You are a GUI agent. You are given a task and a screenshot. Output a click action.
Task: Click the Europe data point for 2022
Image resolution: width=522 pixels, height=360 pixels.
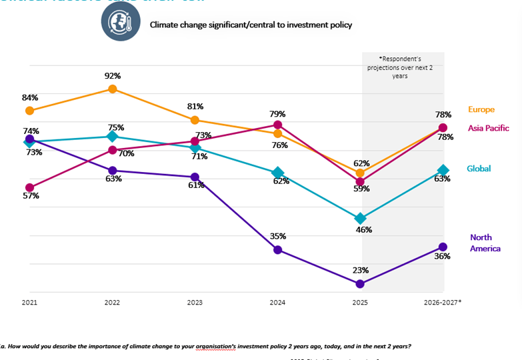click(x=113, y=89)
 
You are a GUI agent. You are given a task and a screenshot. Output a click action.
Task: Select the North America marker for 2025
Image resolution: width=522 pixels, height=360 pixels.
click(x=360, y=284)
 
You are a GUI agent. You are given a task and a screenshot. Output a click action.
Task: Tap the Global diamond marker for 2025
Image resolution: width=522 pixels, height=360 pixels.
click(x=360, y=219)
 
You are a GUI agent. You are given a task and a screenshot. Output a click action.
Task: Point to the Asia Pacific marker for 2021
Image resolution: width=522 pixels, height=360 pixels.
click(x=29, y=187)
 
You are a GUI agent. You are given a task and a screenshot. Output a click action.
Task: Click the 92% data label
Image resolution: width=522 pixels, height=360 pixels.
click(x=113, y=75)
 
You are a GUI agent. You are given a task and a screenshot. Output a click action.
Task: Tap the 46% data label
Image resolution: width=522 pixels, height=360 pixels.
click(x=364, y=230)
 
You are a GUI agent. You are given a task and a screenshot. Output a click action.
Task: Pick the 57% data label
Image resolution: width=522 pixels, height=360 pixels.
click(x=31, y=196)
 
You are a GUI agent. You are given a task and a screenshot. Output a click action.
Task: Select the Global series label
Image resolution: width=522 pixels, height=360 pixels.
click(x=479, y=169)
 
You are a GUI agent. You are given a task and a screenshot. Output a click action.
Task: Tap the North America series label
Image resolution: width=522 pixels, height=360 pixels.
click(x=485, y=243)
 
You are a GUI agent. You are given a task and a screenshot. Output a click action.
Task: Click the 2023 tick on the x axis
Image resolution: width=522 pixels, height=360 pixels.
click(x=195, y=302)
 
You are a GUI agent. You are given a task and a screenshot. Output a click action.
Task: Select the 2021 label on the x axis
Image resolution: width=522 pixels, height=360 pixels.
click(x=29, y=302)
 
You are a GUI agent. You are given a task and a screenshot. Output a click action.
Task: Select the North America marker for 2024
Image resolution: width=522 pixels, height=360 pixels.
click(x=277, y=250)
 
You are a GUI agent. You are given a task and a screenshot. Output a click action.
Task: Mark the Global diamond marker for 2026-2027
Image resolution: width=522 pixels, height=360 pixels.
click(x=443, y=171)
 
